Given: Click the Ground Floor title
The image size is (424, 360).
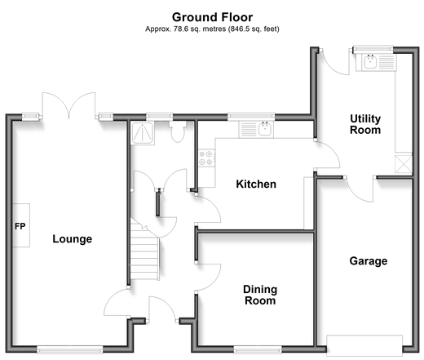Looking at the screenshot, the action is tap(212, 17).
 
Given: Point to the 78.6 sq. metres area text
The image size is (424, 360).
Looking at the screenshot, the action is tap(200, 29).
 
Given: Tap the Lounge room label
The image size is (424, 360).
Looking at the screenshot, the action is tap(73, 239).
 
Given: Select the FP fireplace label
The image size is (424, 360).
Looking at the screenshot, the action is tap(20, 226).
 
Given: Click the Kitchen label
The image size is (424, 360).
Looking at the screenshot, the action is tap(256, 184).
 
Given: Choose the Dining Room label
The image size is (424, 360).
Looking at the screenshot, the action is tap(260, 295).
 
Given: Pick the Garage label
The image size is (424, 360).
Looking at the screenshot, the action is tap(369, 261).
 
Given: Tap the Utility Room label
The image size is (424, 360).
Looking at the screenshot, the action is tap(365, 124).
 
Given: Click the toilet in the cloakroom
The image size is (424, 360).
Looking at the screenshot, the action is tap(178, 131).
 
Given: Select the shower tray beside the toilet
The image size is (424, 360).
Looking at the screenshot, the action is tap(143, 133).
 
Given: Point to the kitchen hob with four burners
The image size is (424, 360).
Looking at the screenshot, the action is tap(206, 158).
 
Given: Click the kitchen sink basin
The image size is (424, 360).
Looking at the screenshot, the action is tap(265, 129).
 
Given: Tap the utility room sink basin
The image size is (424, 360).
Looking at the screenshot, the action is tap(370, 61).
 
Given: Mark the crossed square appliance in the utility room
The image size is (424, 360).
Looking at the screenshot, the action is tap(404, 164).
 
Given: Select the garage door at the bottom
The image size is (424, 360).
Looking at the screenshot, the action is tap(364, 345).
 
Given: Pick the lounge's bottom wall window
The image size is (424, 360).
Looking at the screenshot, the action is tap(70, 349).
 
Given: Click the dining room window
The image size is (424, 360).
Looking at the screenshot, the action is tap(258, 349).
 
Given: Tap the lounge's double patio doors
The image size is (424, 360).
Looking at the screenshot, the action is tap(68, 106).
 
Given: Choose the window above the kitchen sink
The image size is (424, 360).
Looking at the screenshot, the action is tap(251, 117).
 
